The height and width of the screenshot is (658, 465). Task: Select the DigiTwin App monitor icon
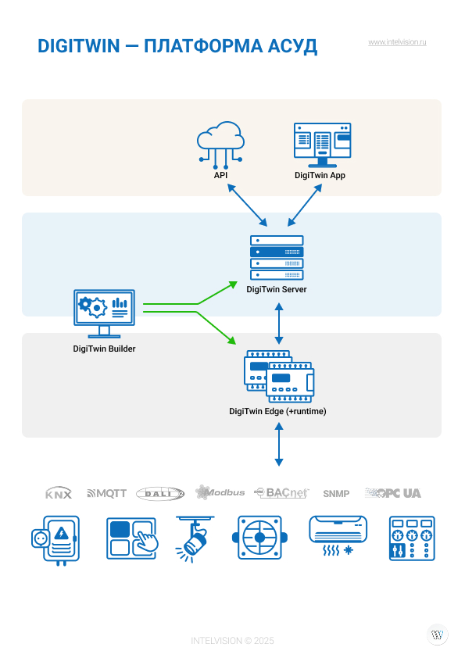[322, 145]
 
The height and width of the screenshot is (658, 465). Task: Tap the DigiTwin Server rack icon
[277, 258]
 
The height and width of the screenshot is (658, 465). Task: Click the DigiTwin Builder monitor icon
[104, 313]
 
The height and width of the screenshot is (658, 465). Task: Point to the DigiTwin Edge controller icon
[279, 377]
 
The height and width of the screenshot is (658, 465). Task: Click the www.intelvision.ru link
[397, 42]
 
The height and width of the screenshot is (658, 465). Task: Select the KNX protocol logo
[59, 494]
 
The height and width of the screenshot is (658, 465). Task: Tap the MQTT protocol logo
[106, 494]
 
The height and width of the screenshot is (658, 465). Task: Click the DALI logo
[160, 494]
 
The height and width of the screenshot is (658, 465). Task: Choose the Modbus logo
[220, 492]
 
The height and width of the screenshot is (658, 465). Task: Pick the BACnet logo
[281, 492]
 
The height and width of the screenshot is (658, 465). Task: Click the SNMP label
[336, 494]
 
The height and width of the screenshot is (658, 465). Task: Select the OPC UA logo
[393, 493]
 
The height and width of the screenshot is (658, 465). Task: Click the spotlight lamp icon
[194, 539]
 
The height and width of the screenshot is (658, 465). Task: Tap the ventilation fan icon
[259, 538]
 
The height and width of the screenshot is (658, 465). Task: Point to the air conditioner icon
[338, 536]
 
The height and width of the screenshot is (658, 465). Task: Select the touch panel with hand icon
[132, 538]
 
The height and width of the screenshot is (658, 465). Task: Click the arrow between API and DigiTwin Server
[247, 206]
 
